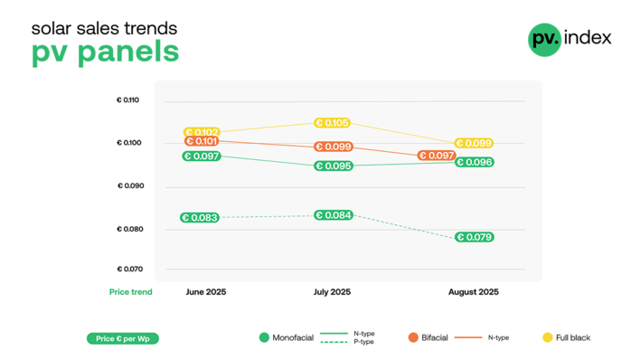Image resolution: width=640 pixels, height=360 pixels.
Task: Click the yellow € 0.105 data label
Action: point(333,123)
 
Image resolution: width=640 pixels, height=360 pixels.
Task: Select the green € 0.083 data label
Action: point(199,218)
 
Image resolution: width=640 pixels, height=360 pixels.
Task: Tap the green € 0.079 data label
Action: point(474,237)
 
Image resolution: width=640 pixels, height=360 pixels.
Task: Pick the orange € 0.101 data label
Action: point(202,141)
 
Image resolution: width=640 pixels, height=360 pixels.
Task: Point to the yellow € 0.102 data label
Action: point(202,132)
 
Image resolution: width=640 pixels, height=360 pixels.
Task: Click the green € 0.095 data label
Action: point(333,166)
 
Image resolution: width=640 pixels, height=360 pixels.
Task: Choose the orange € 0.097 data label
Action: point(436,156)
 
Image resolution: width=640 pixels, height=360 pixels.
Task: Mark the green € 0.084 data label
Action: point(333,215)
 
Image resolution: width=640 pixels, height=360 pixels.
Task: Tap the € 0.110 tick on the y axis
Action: point(127,99)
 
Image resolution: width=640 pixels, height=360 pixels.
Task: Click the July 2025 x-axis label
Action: point(332,292)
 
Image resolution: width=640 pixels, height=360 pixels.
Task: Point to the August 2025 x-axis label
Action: point(474,292)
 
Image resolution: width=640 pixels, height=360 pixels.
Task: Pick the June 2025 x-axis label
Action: point(206,292)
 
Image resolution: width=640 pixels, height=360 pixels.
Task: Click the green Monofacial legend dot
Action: point(264,337)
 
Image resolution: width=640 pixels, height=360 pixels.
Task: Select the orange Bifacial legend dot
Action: point(413,337)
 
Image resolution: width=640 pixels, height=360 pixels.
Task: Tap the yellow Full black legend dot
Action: point(547,337)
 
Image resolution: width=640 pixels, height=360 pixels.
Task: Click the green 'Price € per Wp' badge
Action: point(122,338)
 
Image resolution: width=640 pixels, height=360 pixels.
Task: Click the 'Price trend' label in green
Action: point(130,292)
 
